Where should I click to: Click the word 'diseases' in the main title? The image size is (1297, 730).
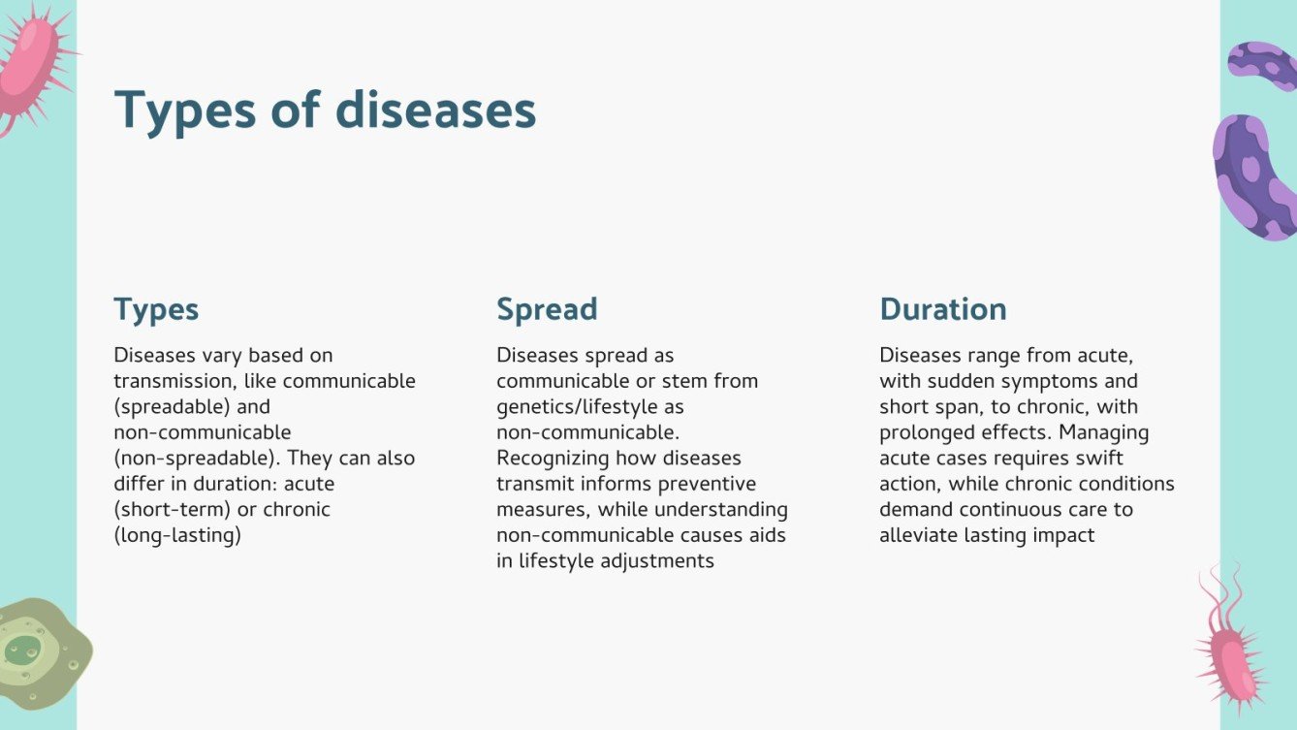tap(435, 110)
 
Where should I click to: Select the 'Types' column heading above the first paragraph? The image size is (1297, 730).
tap(156, 309)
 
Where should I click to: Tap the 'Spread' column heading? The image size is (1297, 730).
tap(547, 309)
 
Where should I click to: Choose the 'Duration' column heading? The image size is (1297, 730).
tap(942, 309)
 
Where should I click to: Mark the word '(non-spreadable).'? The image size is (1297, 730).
tap(197, 458)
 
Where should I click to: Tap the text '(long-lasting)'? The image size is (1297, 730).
tap(176, 535)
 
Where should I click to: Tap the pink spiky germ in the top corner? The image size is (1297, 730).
tap(29, 63)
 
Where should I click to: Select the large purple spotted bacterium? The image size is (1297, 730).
tap(1253, 177)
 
